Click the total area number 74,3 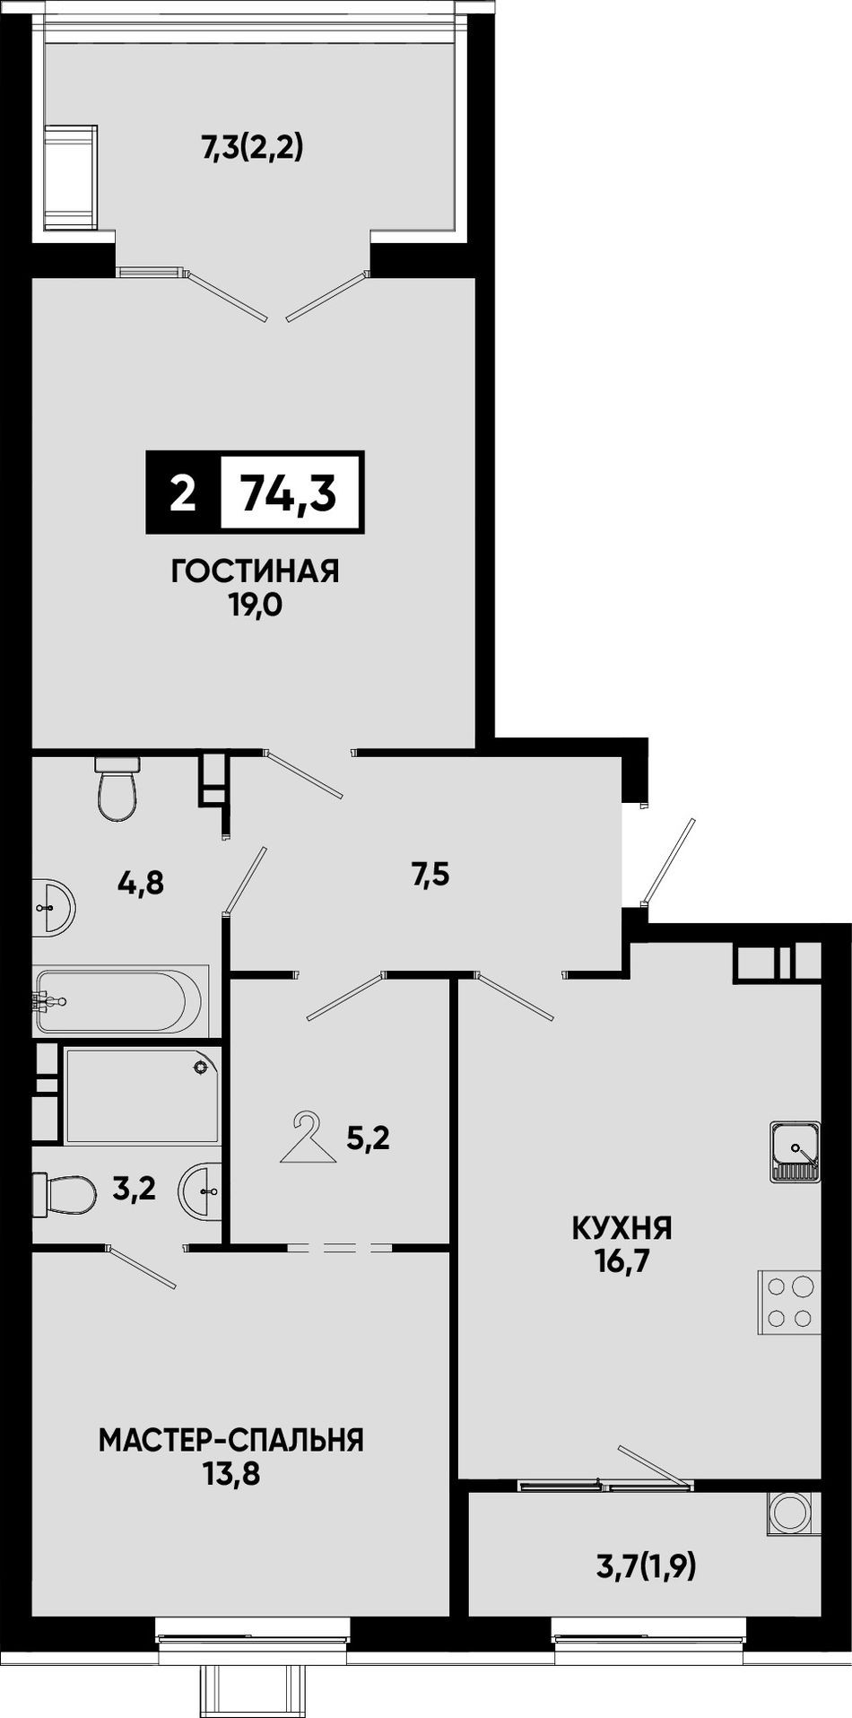click(289, 493)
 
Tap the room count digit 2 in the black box click(183, 493)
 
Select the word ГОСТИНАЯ click(256, 571)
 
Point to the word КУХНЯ click(622, 1227)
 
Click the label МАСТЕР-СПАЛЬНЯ click(231, 1441)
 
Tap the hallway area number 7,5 click(430, 874)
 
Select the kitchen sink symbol click(795, 1150)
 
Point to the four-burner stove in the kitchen click(789, 1304)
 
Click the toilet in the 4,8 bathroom click(117, 788)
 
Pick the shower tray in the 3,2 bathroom click(142, 1094)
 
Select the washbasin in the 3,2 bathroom click(201, 1192)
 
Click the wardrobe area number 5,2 click(368, 1139)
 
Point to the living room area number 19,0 click(255, 606)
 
